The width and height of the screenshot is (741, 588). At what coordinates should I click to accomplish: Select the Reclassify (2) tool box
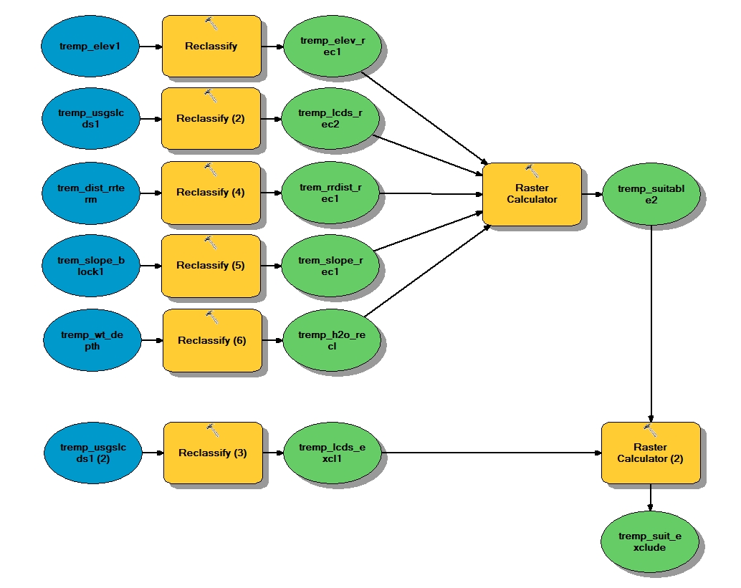tap(211, 119)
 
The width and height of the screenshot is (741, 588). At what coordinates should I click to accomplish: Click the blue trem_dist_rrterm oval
tap(91, 193)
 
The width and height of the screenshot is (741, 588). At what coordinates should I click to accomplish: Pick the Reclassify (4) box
tap(211, 192)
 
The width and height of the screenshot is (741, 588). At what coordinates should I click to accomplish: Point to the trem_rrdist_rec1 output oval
tap(330, 193)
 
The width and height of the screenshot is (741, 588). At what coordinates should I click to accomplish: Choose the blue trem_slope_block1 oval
tap(91, 266)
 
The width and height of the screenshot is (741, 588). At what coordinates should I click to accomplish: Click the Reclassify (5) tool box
tap(211, 265)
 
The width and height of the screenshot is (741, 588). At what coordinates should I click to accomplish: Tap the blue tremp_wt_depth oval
tap(91, 340)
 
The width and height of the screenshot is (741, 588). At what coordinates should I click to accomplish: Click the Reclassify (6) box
tap(211, 340)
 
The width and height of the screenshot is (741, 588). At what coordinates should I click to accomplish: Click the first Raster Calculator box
tap(531, 194)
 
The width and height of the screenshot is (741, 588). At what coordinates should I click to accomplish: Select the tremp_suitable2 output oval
tap(651, 194)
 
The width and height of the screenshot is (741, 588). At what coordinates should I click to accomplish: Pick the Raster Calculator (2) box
tap(651, 453)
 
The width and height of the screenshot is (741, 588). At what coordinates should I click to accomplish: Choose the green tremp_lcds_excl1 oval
tap(332, 453)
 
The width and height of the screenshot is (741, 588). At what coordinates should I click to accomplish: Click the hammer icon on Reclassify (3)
tap(212, 430)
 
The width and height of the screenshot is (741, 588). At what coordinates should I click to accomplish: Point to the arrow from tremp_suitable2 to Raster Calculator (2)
tap(651, 322)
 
